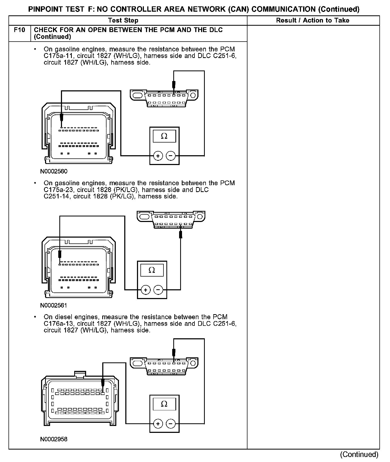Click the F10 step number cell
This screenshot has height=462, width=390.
point(20,30)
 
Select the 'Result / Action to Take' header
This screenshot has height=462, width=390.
point(313,20)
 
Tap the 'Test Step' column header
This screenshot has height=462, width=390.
point(123,20)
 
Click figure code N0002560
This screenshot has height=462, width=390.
point(54,171)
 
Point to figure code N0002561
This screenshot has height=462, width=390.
point(54,305)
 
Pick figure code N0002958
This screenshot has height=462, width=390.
point(54,439)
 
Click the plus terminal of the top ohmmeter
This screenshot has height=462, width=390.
point(158,156)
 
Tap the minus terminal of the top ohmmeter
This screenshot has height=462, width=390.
point(171,156)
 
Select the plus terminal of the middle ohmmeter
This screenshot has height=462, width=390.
point(145,290)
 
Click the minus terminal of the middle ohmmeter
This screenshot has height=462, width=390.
point(158,290)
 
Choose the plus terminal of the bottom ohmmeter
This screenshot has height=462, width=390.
point(158,424)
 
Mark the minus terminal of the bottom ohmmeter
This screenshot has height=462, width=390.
point(171,424)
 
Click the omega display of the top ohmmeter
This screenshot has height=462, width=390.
point(164,136)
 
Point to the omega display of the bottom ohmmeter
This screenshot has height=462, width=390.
point(164,404)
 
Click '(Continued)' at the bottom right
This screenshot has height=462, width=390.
point(359,455)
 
